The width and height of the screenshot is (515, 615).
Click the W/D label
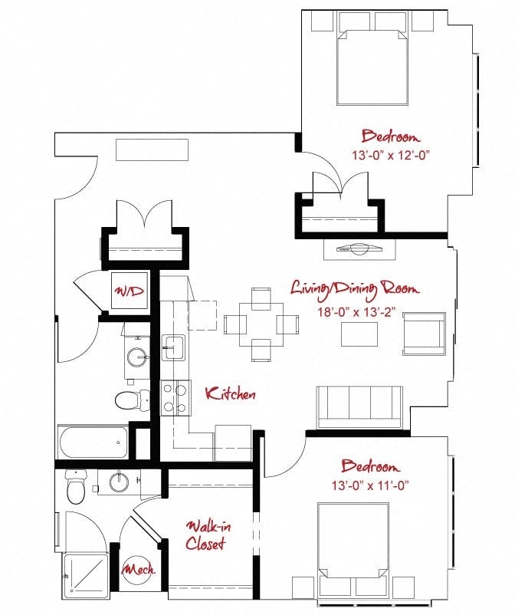[130, 291]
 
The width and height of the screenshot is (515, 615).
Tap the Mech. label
[139, 569]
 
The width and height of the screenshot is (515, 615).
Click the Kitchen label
[231, 393]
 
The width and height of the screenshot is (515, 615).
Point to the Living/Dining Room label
[355, 289]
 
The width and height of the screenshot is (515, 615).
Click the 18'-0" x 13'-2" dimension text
[356, 312]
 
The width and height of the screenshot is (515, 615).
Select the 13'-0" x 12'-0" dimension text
[391, 156]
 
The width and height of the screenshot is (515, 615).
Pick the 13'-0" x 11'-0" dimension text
[370, 485]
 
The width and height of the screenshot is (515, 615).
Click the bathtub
[93, 442]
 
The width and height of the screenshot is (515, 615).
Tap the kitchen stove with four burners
[175, 398]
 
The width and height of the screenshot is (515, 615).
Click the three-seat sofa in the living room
[359, 407]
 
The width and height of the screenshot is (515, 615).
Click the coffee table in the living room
[359, 334]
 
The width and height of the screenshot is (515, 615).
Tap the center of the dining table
[261, 324]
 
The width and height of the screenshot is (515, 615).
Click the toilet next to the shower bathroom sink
[75, 487]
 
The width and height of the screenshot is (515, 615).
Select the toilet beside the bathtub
[132, 400]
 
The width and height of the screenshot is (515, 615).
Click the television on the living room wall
[359, 248]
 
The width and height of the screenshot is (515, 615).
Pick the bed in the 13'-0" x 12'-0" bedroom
[372, 67]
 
